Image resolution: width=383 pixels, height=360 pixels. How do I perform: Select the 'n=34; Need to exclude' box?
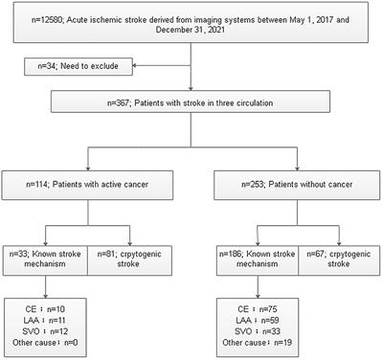tap(88, 66)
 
